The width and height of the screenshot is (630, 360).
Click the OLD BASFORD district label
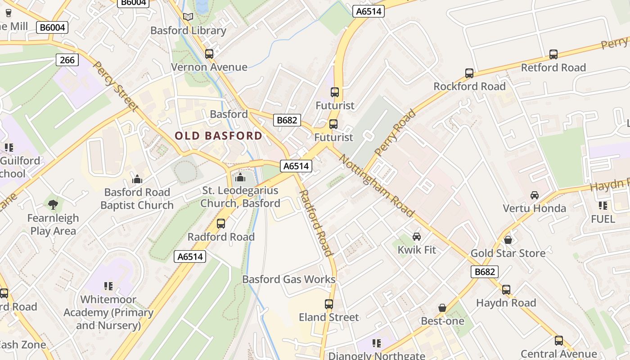coord(218,135)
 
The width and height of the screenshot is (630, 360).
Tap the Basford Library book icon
coord(188,17)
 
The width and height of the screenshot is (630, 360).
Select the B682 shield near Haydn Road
coord(485,272)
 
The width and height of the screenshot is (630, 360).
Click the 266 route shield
coord(67,60)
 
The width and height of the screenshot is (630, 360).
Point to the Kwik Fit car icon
coord(417,236)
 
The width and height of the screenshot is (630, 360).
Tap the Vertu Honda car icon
coord(534,195)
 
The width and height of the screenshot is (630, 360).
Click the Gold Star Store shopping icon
coord(508,240)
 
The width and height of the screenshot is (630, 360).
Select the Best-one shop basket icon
coord(442,308)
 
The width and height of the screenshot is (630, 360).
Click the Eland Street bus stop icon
coord(329,304)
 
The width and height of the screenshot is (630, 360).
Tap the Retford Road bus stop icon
coord(553,54)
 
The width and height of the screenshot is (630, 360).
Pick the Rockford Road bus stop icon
coord(469,73)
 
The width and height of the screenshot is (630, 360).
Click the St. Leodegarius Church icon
coord(240,177)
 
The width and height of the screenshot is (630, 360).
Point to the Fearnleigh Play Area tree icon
coord(53,205)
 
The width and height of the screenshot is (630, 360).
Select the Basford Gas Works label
coord(289,279)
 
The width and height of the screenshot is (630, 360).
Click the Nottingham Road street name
coord(376,185)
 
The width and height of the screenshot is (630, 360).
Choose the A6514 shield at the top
coord(369,12)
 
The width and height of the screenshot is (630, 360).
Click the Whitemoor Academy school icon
coord(108,286)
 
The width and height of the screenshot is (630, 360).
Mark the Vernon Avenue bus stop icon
coord(209,54)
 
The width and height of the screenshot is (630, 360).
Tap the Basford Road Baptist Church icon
coord(137,179)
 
